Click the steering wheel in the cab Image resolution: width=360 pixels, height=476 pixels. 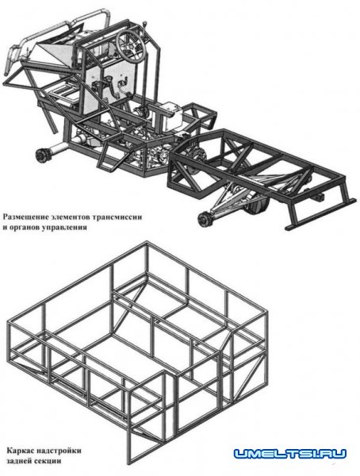tap(131, 45)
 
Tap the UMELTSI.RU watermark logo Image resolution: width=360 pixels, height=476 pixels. tap(290, 454)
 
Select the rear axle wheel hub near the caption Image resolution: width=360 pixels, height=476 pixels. tap(205, 220)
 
